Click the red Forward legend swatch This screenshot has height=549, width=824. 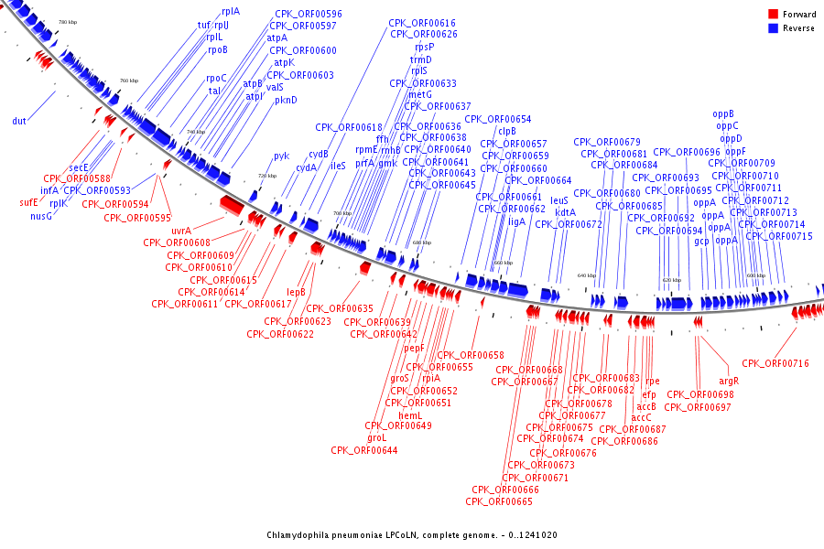[x=773, y=15]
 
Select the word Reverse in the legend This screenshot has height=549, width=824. [x=798, y=28]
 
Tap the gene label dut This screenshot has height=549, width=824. [x=19, y=121]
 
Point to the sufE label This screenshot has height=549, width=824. [x=29, y=202]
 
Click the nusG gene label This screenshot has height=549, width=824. [x=41, y=217]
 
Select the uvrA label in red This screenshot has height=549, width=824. [x=180, y=231]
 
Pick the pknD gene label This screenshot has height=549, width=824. [x=286, y=101]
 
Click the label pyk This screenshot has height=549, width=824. [x=281, y=156]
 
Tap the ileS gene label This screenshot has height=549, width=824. [x=338, y=167]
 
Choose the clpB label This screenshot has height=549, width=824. [x=507, y=131]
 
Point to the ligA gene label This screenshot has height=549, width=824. [x=517, y=221]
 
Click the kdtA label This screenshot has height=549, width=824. [x=565, y=212]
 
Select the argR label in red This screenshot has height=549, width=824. [x=729, y=381]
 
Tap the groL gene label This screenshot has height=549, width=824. [x=376, y=437]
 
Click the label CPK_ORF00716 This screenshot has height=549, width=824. [x=775, y=364]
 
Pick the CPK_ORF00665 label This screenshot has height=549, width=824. [x=499, y=501]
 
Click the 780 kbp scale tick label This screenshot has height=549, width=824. [x=67, y=22]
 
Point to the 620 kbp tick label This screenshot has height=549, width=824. [x=672, y=280]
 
